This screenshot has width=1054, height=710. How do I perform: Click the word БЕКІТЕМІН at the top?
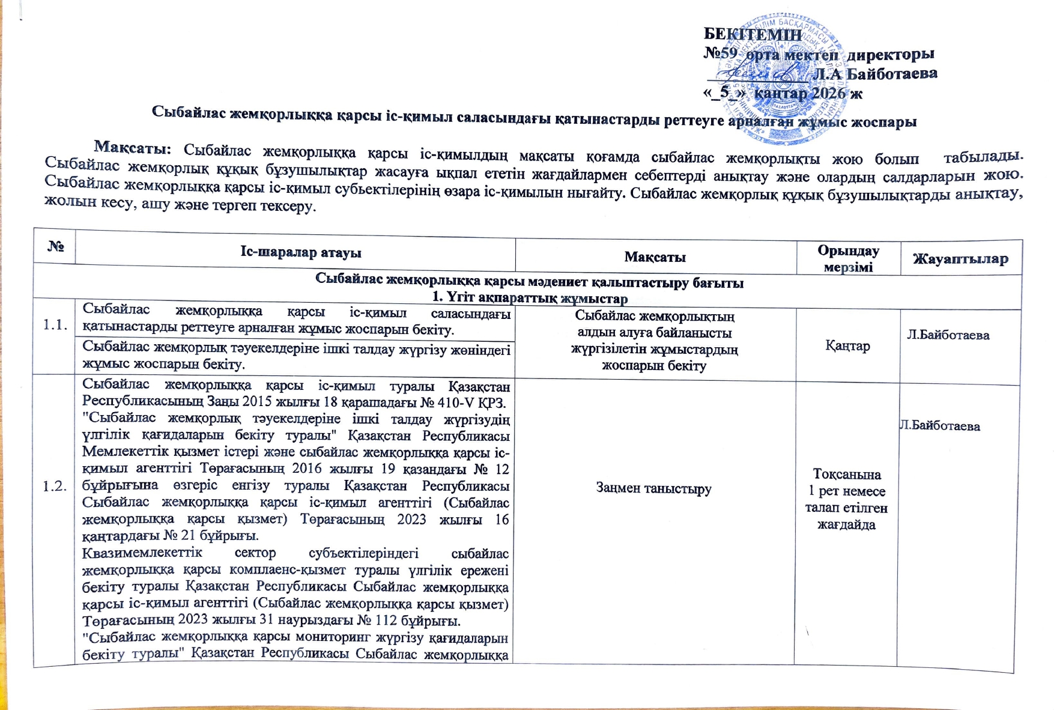pyautogui.click(x=752, y=34)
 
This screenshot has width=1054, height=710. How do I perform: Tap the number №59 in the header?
pyautogui.click(x=720, y=53)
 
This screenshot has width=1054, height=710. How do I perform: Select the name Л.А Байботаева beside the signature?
pyautogui.click(x=874, y=74)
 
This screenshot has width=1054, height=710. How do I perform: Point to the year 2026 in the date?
pyautogui.click(x=828, y=93)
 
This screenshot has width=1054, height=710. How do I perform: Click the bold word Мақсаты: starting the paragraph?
pyautogui.click(x=133, y=147)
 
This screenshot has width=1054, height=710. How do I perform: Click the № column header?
pyautogui.click(x=55, y=246)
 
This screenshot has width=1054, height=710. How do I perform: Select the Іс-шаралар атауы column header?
pyautogui.click(x=300, y=252)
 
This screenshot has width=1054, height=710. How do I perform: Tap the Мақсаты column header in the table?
pyautogui.click(x=655, y=257)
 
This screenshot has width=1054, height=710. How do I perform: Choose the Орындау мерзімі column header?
pyautogui.click(x=848, y=259)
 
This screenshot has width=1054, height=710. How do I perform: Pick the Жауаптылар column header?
pyautogui.click(x=960, y=259)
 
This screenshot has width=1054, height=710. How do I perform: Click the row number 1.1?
pyautogui.click(x=55, y=325)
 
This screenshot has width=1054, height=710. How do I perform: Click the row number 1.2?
pyautogui.click(x=55, y=486)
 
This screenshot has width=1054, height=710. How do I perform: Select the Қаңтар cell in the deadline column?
pyautogui.click(x=847, y=346)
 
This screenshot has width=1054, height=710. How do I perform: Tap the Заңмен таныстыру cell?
pyautogui.click(x=653, y=488)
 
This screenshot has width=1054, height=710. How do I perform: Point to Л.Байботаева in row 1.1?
pyautogui.click(x=948, y=335)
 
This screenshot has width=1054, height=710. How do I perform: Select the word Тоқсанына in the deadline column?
pyautogui.click(x=847, y=475)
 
